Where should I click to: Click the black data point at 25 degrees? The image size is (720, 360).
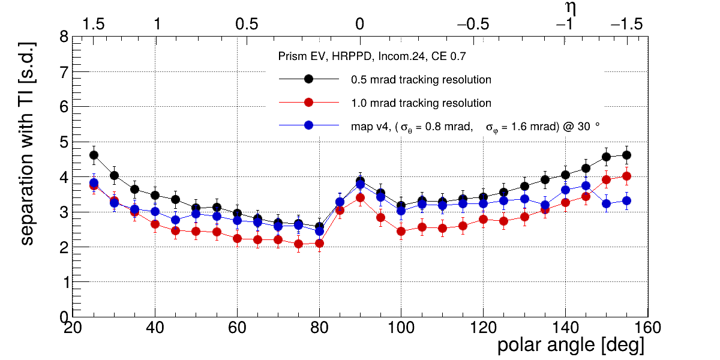pos(94,155)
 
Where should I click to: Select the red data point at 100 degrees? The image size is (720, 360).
pos(401,231)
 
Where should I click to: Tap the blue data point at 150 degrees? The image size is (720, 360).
pos(606,203)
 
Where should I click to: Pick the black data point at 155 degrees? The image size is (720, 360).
pos(626,155)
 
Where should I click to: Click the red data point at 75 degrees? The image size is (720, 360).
pos(299,244)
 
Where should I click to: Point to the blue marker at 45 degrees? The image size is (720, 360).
pos(176,220)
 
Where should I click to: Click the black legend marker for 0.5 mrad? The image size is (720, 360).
pos(308,79)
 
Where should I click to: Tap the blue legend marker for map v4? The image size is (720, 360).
pos(308,125)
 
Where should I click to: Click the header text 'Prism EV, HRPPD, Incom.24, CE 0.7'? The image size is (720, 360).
pos(372,56)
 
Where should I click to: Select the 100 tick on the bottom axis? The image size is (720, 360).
pos(401,328)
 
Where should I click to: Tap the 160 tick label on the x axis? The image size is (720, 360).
pos(647,328)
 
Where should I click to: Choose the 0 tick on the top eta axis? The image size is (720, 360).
pos(360,25)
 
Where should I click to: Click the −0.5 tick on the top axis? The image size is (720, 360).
pos(473,25)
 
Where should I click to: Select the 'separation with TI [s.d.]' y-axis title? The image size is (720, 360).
pos(27,144)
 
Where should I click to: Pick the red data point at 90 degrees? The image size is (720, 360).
pos(360,197)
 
